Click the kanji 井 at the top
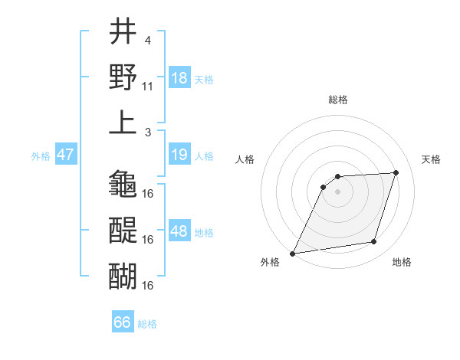pyautogui.click(x=123, y=34)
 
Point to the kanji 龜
pyautogui.click(x=123, y=184)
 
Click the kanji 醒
pyautogui.click(x=123, y=230)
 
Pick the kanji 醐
pyautogui.click(x=123, y=275)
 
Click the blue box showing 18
pyautogui.click(x=179, y=78)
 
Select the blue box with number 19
pyautogui.click(x=179, y=155)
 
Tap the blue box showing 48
pyautogui.click(x=179, y=231)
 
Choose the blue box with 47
pyautogui.click(x=65, y=155)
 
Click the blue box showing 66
pyautogui.click(x=123, y=322)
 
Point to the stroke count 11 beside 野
pyautogui.click(x=148, y=87)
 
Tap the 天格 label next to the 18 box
pyautogui.click(x=204, y=79)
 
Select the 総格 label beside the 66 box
pyautogui.click(x=147, y=323)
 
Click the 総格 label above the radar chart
pyautogui.click(x=337, y=100)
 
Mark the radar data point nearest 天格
pyautogui.click(x=396, y=172)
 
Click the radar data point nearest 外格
pyautogui.click(x=292, y=254)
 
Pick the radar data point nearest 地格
pyautogui.click(x=374, y=242)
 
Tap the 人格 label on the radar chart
pyautogui.click(x=245, y=159)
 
